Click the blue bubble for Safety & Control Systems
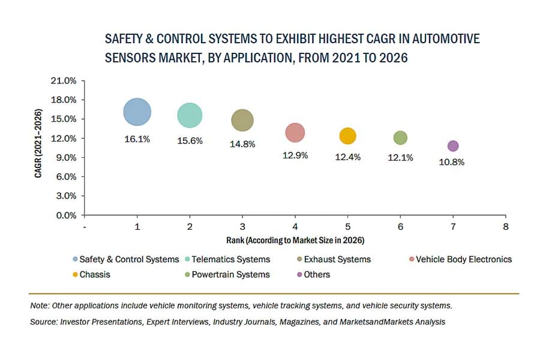[x=137, y=112]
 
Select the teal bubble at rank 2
[x=190, y=115]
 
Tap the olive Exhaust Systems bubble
[x=242, y=120]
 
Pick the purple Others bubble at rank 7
[x=453, y=146]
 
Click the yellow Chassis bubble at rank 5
[x=347, y=136]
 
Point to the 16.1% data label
[x=137, y=139]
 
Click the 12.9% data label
[x=295, y=155]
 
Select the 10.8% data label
[x=453, y=161]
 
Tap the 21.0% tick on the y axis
[x=66, y=80]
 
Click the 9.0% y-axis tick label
[x=68, y=158]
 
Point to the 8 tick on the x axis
[x=506, y=227]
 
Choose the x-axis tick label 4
[x=295, y=227]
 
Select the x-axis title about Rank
[x=295, y=240]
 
